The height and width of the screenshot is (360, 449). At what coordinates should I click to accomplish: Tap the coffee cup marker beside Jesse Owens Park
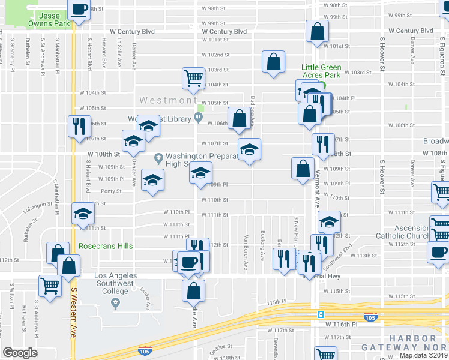pos(79,10)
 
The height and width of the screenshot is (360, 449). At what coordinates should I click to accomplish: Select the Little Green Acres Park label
pos(321,71)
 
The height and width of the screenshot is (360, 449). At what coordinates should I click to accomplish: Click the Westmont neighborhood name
pos(166,100)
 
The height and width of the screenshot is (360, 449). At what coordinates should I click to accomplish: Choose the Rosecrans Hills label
pos(105,246)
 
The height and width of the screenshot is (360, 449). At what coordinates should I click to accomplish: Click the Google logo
pos(20,352)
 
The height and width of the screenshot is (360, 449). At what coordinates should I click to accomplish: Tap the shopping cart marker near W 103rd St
pos(193,79)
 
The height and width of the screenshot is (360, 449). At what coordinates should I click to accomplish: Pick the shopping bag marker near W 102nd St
pos(273,62)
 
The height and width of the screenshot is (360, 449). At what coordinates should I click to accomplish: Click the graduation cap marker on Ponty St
pos(153,181)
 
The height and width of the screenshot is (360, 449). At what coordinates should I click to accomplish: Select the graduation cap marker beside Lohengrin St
pos(83,214)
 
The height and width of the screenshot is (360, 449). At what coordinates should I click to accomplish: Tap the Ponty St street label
pos(111,191)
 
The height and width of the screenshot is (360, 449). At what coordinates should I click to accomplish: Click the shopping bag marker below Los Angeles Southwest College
pos(193,291)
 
